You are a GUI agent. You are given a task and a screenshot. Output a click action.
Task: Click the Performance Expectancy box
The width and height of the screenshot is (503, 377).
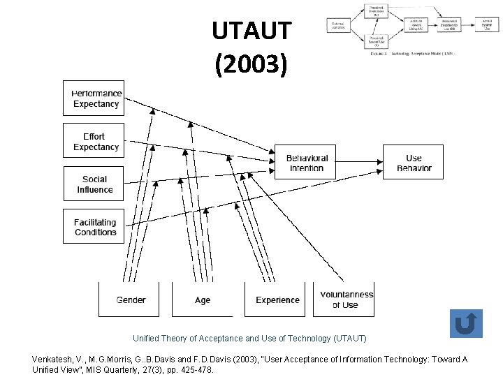point(96,98)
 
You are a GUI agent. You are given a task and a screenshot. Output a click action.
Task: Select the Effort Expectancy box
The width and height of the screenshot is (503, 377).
point(96,142)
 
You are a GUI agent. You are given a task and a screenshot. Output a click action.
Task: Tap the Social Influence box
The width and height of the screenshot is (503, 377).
point(95,184)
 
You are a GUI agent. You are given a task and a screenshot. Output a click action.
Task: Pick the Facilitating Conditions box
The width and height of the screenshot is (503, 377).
point(95,227)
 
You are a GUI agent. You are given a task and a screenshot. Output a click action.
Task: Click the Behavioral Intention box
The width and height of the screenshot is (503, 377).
point(307,163)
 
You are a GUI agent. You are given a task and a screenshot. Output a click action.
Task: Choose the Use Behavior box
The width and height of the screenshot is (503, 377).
point(414,163)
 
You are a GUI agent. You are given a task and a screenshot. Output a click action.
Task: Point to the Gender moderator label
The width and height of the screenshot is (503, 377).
point(131,300)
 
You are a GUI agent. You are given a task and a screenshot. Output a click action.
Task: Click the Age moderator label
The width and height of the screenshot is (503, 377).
point(203,300)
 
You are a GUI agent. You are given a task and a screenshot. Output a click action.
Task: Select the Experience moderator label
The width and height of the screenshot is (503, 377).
point(277,300)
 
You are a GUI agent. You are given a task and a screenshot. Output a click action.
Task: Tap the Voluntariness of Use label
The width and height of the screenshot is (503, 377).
point(347,300)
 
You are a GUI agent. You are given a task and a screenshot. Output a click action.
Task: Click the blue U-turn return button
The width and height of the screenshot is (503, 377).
point(465,324)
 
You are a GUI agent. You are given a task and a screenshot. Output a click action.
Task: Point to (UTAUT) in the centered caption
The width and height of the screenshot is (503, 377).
point(346,339)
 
